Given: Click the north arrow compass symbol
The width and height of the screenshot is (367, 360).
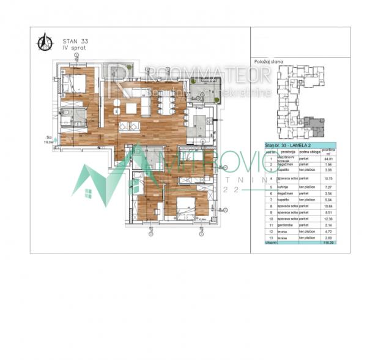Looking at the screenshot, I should (x=45, y=42).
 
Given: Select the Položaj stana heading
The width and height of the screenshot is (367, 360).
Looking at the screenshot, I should (x=267, y=62).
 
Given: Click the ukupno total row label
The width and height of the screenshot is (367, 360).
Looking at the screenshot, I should (x=270, y=243).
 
